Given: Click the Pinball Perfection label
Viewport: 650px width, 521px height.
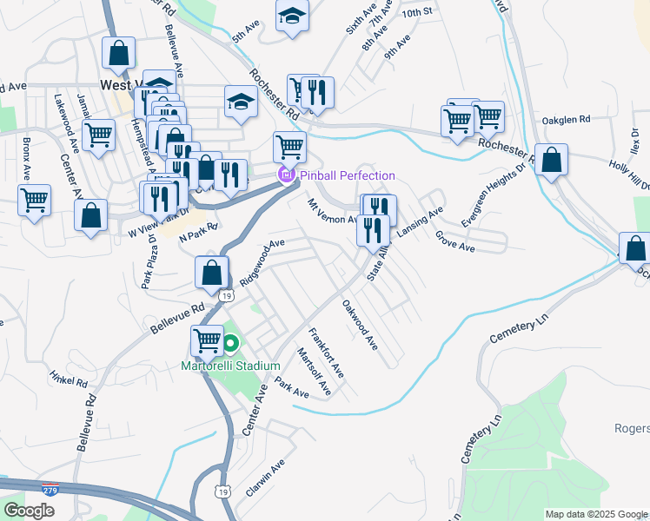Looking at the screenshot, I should (x=348, y=176).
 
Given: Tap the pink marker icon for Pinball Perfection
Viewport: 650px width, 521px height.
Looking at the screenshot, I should (x=284, y=176).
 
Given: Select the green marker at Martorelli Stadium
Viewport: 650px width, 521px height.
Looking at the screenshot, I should (x=230, y=344).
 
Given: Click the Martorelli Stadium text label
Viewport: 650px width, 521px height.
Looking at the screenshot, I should (x=230, y=366).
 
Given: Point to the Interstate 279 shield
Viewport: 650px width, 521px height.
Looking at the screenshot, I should (x=51, y=491).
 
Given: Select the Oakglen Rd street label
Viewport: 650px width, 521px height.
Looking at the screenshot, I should (x=566, y=119).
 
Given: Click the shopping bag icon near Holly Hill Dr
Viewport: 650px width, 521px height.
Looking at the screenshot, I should (x=551, y=160).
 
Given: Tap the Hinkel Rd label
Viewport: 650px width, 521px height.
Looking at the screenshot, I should (x=69, y=379).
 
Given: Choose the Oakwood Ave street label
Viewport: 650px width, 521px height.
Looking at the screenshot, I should (x=360, y=326).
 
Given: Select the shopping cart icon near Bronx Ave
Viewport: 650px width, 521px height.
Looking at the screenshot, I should (x=34, y=200).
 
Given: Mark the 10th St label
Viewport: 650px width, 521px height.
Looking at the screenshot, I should (x=417, y=12).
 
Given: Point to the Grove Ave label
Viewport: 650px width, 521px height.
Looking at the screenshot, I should (x=455, y=241).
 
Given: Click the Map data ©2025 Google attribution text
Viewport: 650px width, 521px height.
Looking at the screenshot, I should (x=595, y=514).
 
